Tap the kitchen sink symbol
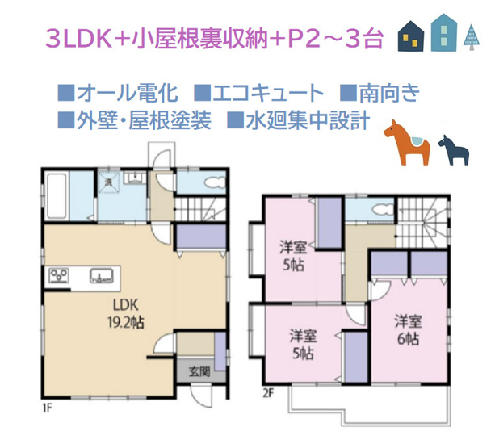pyautogui.click(x=101, y=276)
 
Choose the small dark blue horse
pyautogui.click(x=451, y=149)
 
